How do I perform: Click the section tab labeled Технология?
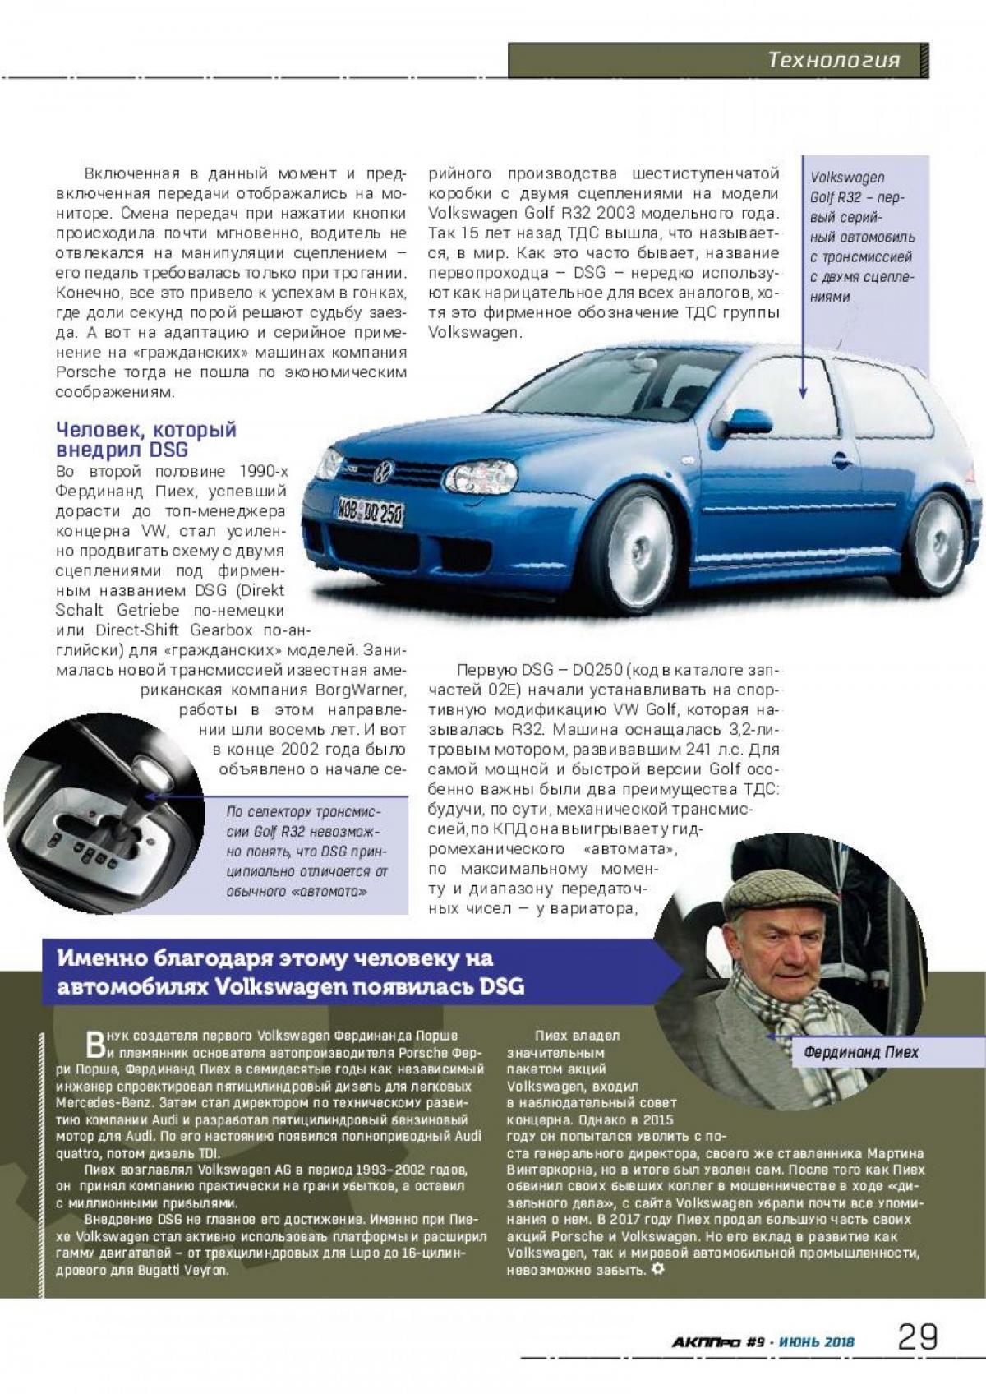coord(833,60)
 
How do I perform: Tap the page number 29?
coord(918,1337)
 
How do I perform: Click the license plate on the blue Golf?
coord(370,513)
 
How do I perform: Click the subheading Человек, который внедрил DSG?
coord(145,439)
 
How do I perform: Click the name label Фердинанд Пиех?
coord(860,1052)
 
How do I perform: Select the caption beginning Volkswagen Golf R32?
coord(862,237)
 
